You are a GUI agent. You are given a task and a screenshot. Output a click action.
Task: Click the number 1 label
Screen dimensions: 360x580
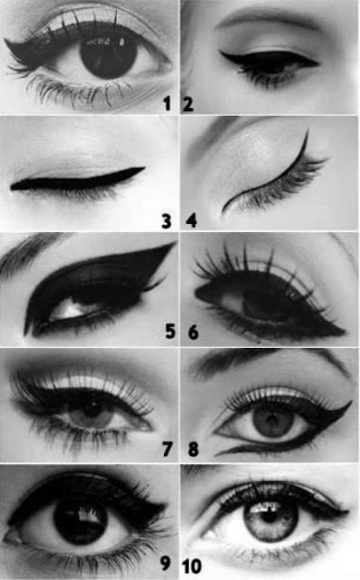(x=167, y=103)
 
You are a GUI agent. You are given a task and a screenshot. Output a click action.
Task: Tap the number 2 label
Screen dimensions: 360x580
(x=188, y=103)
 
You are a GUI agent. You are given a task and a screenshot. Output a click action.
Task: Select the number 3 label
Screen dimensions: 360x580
(x=167, y=221)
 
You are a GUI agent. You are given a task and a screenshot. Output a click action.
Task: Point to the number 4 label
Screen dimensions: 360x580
(x=191, y=221)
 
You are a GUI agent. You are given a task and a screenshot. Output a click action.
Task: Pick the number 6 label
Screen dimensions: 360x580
(x=193, y=332)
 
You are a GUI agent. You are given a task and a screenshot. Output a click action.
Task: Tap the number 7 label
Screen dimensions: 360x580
(x=167, y=449)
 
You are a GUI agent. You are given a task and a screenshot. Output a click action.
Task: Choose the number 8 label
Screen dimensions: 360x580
(x=193, y=449)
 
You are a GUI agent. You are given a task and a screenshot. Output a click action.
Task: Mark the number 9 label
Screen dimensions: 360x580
(x=165, y=563)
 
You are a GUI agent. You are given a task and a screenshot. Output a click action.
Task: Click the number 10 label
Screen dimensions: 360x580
(x=191, y=565)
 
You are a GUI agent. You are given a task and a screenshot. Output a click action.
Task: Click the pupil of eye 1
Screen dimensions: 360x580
(x=109, y=55)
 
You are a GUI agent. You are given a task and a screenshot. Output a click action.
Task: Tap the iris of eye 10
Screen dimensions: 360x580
(x=270, y=519)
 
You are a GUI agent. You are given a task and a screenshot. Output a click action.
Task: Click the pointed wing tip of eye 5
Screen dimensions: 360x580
(x=174, y=244)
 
